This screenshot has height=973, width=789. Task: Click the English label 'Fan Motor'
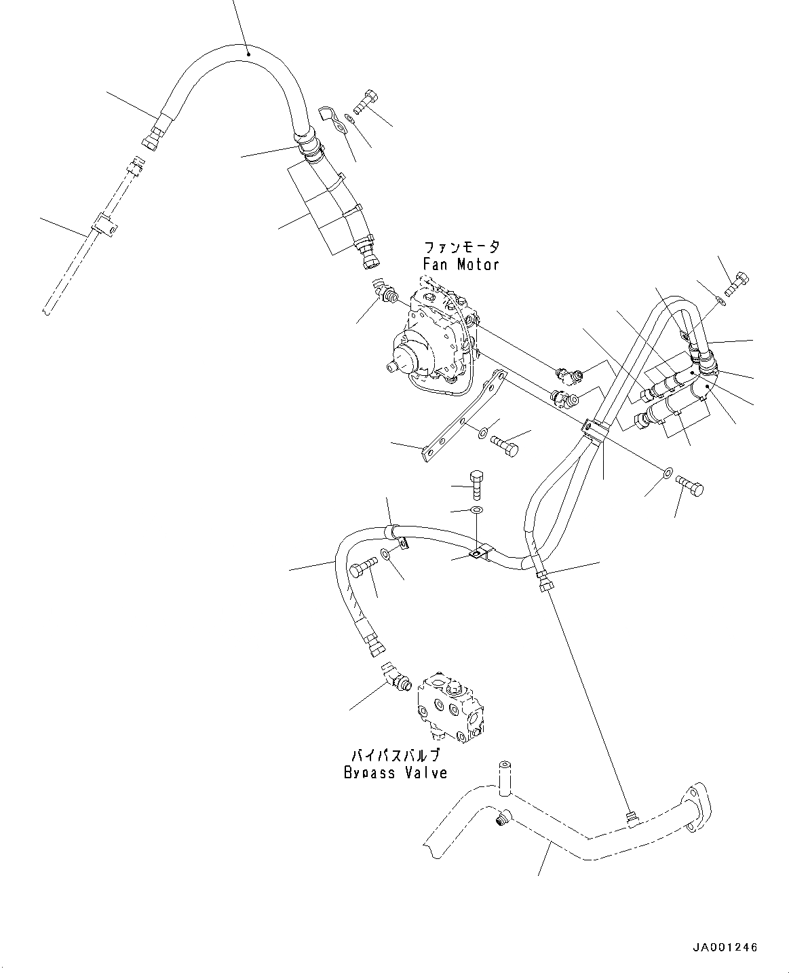point(461,265)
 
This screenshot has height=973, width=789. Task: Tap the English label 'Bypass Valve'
point(396,772)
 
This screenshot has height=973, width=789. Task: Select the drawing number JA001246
point(725,947)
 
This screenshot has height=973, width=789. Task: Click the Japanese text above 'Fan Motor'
point(461,248)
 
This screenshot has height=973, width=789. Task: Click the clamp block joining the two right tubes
point(594,432)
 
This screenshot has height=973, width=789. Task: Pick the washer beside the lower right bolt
point(668,472)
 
